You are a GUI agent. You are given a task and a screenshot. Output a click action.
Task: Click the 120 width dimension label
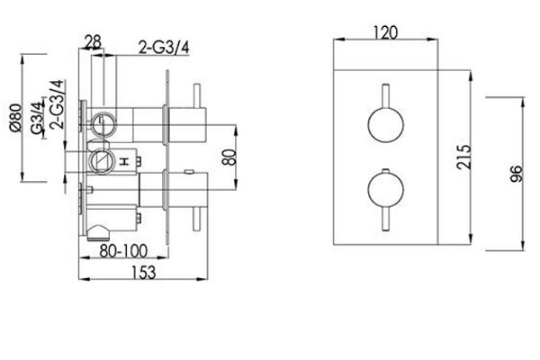[x=385, y=32]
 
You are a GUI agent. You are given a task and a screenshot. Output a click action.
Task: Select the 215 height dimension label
[x=463, y=157]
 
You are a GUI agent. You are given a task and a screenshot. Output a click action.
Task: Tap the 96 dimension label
[x=516, y=174]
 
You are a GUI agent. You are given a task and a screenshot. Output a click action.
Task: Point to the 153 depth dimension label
[x=144, y=272]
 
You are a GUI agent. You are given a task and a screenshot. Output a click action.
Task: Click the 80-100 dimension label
[x=123, y=251]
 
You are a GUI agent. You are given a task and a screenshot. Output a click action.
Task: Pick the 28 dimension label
[x=93, y=42]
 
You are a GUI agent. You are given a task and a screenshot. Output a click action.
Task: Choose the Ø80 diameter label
[x=16, y=118]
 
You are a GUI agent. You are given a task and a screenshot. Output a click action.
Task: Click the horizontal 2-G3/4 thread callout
[x=164, y=48]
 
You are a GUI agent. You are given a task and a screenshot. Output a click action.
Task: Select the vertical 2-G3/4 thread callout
[x=57, y=104]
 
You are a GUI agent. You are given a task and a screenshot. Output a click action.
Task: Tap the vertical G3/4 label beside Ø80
[x=37, y=118]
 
